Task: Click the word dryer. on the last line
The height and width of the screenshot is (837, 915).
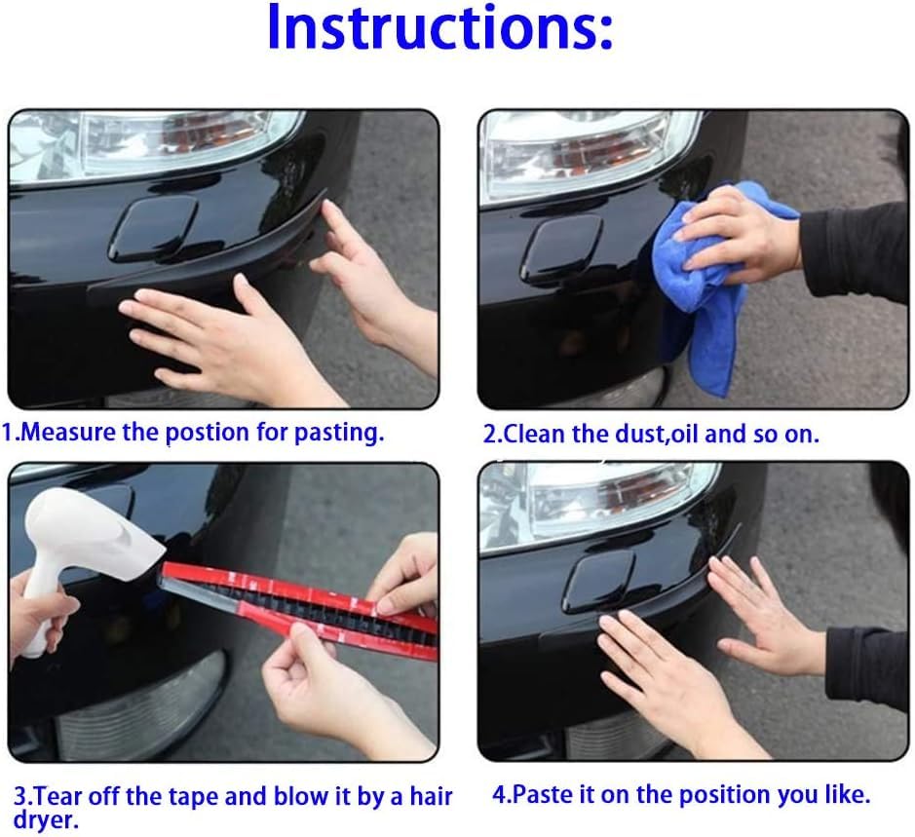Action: click(x=46, y=820)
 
